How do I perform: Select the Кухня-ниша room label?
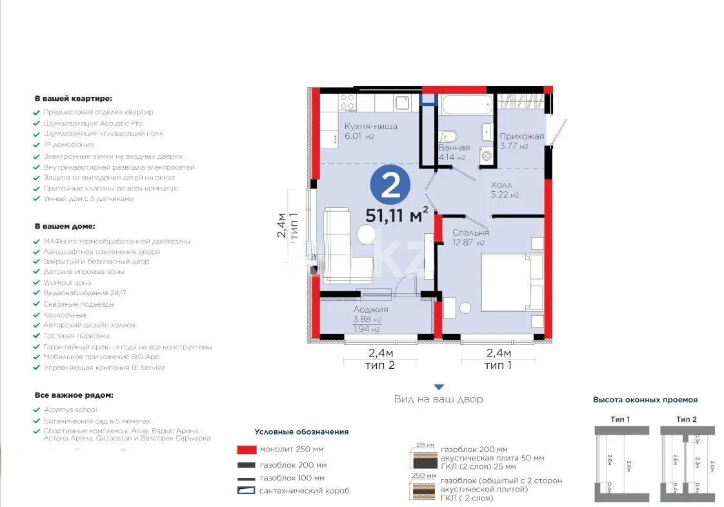(370, 127)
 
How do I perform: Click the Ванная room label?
(454, 148)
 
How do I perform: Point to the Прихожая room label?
(521, 136)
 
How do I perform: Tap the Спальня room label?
(470, 233)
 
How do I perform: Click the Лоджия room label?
(370, 310)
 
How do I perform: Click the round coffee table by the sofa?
(367, 234)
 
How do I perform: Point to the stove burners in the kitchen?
(348, 102)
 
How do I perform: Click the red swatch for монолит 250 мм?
(246, 450)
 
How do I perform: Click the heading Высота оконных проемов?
(645, 400)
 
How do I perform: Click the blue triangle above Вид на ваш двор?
(438, 388)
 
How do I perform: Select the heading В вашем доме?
(65, 227)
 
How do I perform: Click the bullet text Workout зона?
(67, 283)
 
